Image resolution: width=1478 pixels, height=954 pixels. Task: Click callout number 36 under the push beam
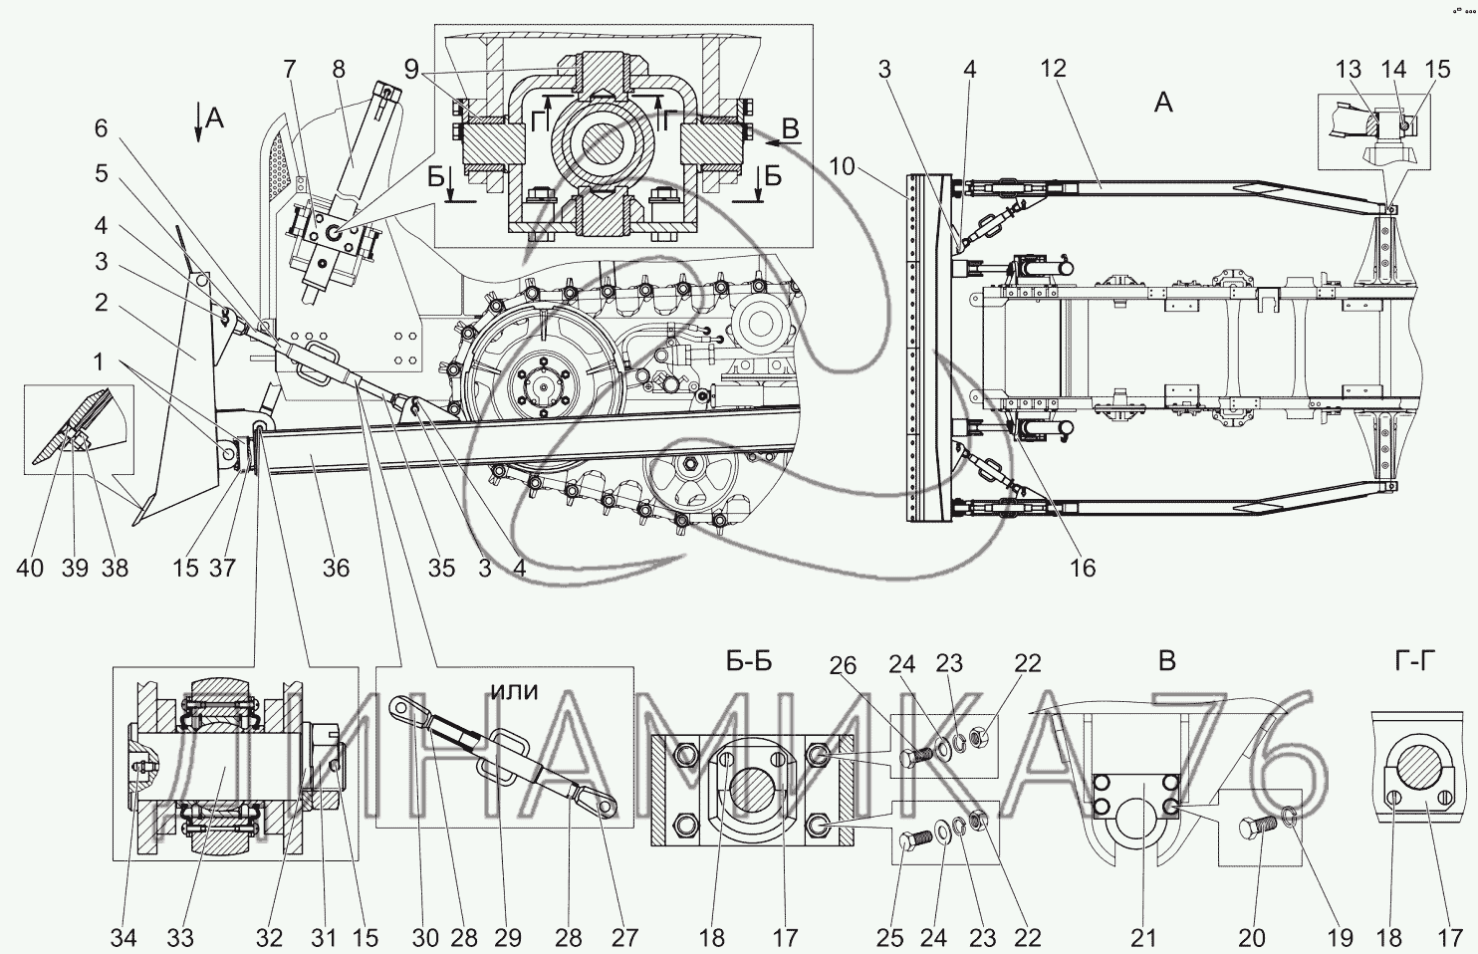[x=336, y=568]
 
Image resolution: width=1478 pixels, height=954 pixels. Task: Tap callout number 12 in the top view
[x=1053, y=69]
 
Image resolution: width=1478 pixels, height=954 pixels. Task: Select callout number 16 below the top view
[x=1083, y=568]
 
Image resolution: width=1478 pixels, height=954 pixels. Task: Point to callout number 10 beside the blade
[x=843, y=166]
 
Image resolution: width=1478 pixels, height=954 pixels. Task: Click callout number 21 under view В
[x=1144, y=937]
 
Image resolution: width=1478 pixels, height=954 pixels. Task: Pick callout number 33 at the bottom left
[x=180, y=937]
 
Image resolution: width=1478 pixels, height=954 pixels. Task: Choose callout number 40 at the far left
[x=29, y=568]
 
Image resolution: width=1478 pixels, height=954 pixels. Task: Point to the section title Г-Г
[x=1411, y=661]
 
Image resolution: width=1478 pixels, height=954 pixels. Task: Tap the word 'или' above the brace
[x=515, y=690]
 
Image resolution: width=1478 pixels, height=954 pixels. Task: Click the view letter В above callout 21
[x=1167, y=661]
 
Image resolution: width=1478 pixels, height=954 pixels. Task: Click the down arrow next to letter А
[x=199, y=124]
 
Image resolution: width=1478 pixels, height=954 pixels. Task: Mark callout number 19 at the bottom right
[x=1339, y=937]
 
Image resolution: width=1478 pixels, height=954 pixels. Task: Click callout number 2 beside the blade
[x=102, y=302]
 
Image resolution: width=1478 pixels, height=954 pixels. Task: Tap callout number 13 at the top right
[x=1349, y=69]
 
